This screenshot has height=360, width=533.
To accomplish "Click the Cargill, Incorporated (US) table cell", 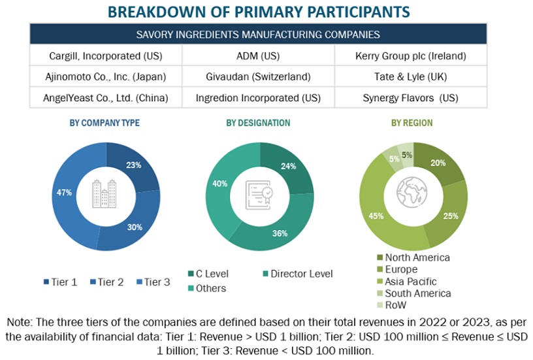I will (106, 56).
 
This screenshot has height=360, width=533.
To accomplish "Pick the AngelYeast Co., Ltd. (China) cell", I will (106, 98).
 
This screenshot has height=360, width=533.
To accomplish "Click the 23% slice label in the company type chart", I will (134, 165).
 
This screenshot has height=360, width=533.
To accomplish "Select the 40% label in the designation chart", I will (219, 184).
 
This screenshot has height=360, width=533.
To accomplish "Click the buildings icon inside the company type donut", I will (105, 193).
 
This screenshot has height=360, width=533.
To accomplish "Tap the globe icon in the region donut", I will (412, 194).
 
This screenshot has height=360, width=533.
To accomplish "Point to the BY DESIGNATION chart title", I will (258, 123).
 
